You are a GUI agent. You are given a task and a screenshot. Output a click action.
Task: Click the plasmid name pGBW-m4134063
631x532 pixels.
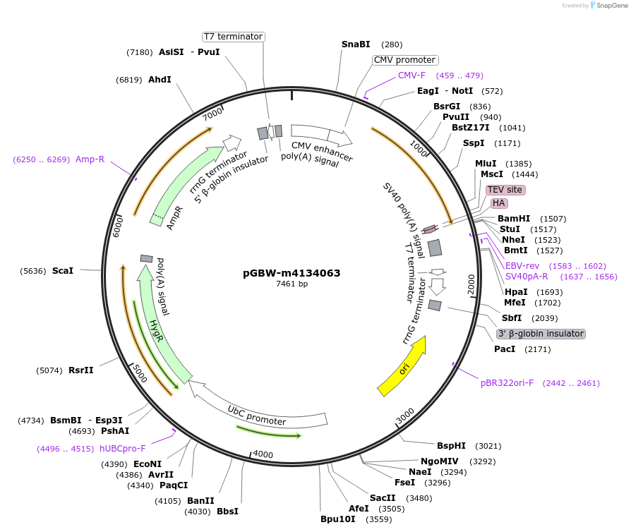click(292, 273)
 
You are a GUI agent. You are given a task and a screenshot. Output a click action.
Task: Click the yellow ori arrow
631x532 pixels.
click(403, 365)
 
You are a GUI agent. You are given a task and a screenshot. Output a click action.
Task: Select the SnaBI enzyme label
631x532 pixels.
click(356, 44)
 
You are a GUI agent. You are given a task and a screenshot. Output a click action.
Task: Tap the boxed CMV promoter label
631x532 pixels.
click(405, 60)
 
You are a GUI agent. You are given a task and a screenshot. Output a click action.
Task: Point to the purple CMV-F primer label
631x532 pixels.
click(411, 75)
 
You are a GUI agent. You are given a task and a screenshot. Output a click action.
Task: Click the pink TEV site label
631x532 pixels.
click(505, 190)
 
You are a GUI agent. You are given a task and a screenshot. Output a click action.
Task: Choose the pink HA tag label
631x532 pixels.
click(499, 203)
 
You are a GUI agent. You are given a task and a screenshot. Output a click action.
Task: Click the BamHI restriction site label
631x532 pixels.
click(514, 219)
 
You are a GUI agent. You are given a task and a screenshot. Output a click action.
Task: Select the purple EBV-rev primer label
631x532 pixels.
click(522, 266)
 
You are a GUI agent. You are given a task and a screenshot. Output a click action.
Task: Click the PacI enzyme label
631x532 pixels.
click(505, 349)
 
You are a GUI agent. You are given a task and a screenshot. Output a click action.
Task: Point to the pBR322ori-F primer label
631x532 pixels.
click(507, 383)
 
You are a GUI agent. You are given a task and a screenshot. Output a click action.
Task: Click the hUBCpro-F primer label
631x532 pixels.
click(122, 448)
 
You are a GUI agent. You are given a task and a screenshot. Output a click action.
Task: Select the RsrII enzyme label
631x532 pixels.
click(81, 370)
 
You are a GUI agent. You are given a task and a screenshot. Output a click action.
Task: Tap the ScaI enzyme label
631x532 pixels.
click(63, 270)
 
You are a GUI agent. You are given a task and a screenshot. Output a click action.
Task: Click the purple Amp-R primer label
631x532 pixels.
click(90, 159)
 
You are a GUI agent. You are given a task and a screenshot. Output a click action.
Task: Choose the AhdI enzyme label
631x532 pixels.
click(160, 80)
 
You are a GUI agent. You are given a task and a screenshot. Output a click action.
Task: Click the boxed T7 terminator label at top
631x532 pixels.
click(233, 37)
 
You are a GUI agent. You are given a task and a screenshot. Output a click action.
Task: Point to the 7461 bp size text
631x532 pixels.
click(292, 284)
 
